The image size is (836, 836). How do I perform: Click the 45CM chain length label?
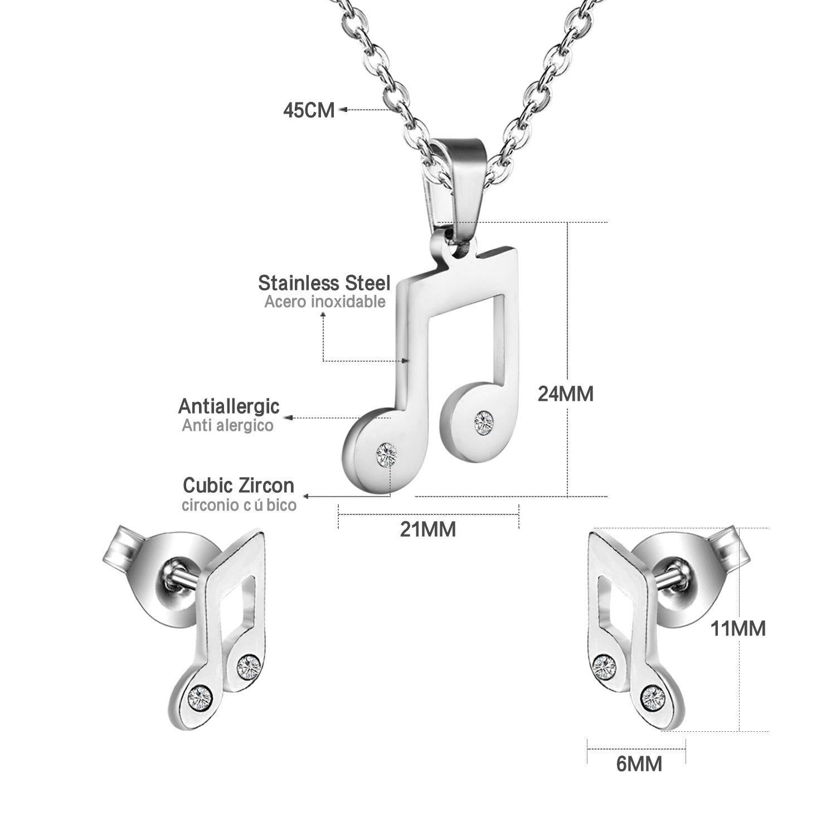309,110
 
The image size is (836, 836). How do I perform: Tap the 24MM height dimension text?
565,394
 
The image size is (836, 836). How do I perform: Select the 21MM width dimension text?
427,529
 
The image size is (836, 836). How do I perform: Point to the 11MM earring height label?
737,629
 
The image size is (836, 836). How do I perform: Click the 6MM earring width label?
639,763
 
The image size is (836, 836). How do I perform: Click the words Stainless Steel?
324,283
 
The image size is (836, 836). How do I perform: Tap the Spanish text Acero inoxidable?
324,302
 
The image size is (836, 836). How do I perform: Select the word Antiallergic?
229,406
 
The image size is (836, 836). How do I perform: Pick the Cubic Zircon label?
238,485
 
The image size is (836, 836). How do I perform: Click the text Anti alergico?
227,426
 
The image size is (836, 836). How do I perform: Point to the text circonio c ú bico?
239,506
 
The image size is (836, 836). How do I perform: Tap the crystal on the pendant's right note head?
483,420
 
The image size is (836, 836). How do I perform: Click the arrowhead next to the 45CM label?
344,110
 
